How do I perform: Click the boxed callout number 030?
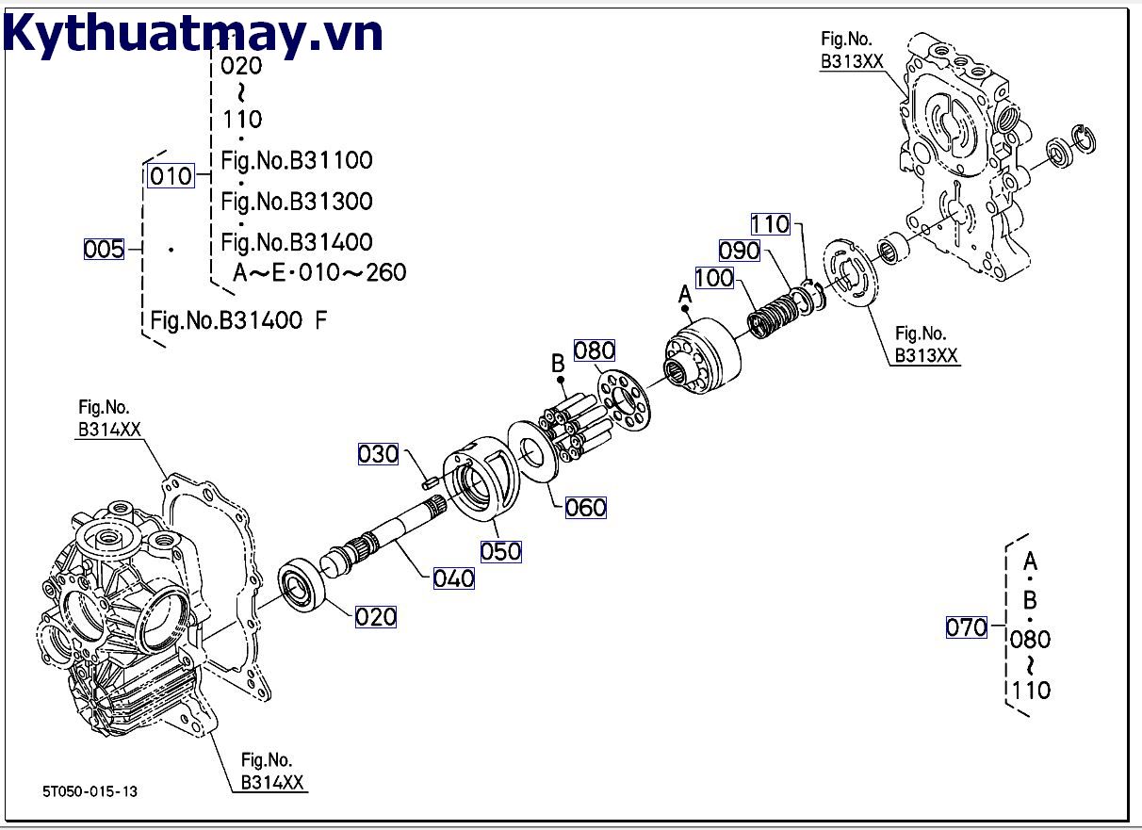click(x=378, y=454)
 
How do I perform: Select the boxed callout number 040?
click(x=453, y=578)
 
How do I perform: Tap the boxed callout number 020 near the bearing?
click(x=376, y=617)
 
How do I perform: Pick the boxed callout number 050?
click(x=500, y=551)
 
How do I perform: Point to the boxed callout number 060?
click(x=585, y=508)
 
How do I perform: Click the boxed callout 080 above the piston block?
click(x=594, y=350)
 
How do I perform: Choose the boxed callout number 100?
click(x=714, y=278)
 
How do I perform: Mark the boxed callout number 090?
click(x=739, y=251)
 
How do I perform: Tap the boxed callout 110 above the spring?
click(x=770, y=223)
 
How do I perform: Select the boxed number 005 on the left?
click(x=104, y=249)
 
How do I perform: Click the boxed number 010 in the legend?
click(x=171, y=176)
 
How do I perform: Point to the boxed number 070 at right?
click(x=966, y=627)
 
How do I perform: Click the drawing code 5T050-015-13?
click(x=90, y=791)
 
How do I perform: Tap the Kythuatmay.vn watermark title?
click(x=193, y=35)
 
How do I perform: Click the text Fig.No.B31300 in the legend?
click(x=297, y=201)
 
